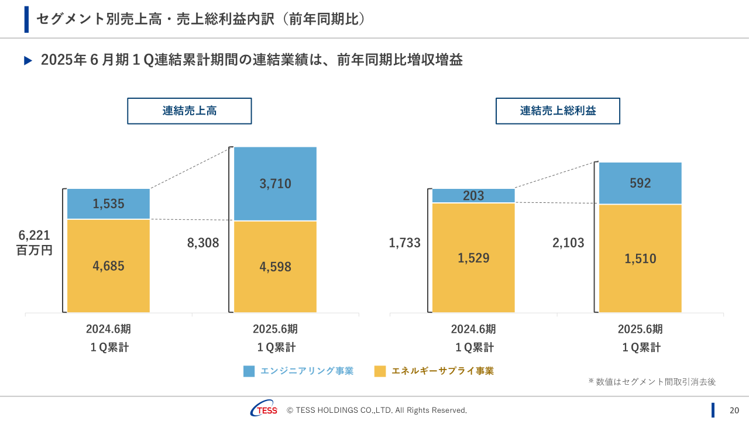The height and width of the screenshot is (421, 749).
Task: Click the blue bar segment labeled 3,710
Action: (x=275, y=184)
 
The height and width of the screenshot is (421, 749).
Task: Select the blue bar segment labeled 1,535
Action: (x=108, y=203)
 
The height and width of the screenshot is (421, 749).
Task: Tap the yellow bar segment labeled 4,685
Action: (x=108, y=266)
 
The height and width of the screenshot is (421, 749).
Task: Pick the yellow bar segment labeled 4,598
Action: (x=275, y=267)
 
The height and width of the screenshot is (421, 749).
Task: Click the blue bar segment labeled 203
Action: (x=473, y=196)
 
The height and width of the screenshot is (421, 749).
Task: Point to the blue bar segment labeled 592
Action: (x=640, y=183)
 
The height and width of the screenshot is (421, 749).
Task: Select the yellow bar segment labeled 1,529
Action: (x=473, y=258)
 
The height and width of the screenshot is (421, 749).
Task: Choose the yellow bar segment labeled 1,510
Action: (x=640, y=258)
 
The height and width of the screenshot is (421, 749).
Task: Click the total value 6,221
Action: (x=35, y=235)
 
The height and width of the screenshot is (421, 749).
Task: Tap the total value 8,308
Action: (x=203, y=243)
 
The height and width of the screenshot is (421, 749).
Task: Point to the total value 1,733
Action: (x=405, y=243)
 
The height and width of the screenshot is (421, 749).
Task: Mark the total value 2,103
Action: (x=568, y=243)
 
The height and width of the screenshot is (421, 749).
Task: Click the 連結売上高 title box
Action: (x=190, y=111)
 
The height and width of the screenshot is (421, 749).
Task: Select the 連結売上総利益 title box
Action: (x=558, y=111)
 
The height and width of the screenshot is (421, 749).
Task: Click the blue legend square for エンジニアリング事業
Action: (x=249, y=371)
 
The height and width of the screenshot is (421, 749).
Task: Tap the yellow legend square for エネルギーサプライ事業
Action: (x=380, y=371)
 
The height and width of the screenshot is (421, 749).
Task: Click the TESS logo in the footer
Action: (x=264, y=410)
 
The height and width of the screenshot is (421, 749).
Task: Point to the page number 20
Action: (x=734, y=410)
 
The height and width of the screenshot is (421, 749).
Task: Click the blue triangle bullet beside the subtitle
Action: (x=28, y=61)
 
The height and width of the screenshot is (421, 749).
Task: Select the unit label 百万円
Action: (x=35, y=250)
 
